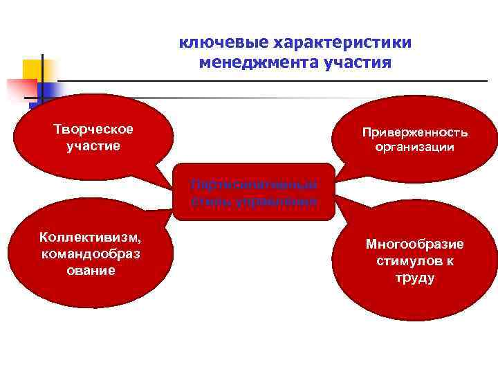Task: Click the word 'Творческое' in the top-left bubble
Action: [93, 130]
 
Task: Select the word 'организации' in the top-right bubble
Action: [414, 148]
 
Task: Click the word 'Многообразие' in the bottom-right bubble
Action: [414, 244]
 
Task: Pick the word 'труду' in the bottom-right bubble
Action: [414, 278]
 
